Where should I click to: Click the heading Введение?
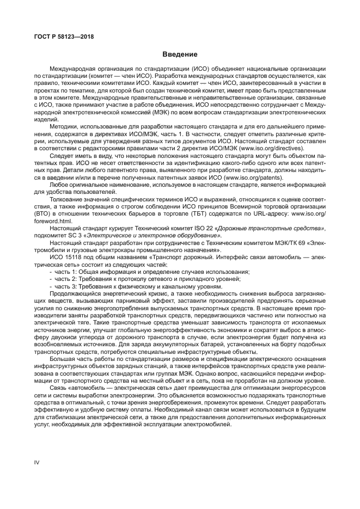[x=180, y=54]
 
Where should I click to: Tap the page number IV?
[x=37, y=462]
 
